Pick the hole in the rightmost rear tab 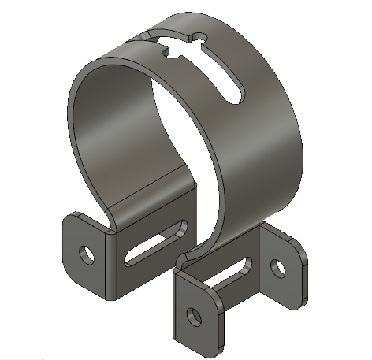[277, 267]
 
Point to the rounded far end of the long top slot [233, 92]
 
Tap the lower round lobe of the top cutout [166, 54]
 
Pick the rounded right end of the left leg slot [180, 228]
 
